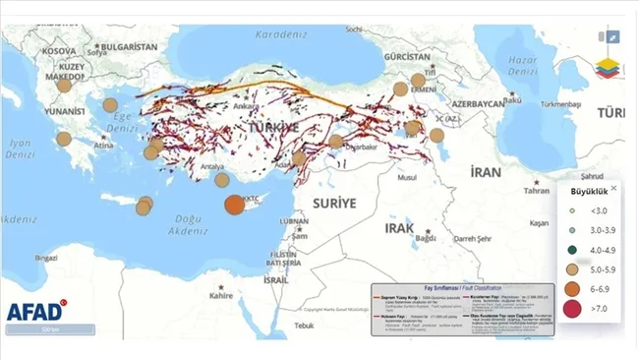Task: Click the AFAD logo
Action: click(36, 312)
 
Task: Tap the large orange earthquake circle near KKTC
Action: click(234, 205)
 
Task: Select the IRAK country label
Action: click(400, 227)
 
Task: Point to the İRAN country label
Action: click(485, 171)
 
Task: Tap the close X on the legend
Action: click(613, 188)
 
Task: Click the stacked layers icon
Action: click(609, 70)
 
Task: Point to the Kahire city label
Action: click(220, 294)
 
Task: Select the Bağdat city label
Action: click(425, 238)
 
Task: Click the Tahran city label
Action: click(536, 191)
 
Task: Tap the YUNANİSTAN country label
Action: click(62, 112)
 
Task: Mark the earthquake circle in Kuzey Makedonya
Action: click(65, 86)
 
